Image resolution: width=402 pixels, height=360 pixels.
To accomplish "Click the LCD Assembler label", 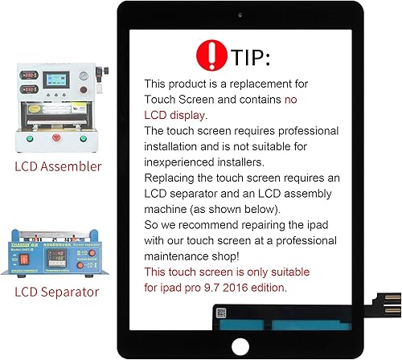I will tap(58, 166).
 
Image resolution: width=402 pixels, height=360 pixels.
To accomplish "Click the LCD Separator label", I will tap(57, 292).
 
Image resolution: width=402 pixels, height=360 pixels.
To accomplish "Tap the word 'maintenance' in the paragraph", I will tap(182, 256).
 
